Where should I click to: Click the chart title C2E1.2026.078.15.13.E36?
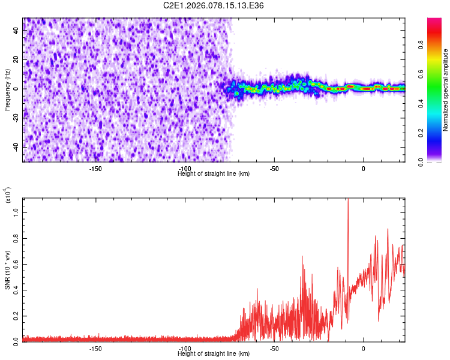pyautogui.click(x=214, y=5)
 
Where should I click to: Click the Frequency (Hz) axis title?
pyautogui.click(x=7, y=90)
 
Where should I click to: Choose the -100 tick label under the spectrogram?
pyautogui.click(x=185, y=169)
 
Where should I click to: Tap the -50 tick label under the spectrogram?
pyautogui.click(x=274, y=169)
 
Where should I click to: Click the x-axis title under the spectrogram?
pyautogui.click(x=214, y=173)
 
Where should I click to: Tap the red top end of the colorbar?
pyautogui.click(x=434, y=21)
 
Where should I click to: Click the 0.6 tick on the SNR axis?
pyautogui.click(x=17, y=262)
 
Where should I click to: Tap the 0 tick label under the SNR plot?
pyautogui.click(x=364, y=348)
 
